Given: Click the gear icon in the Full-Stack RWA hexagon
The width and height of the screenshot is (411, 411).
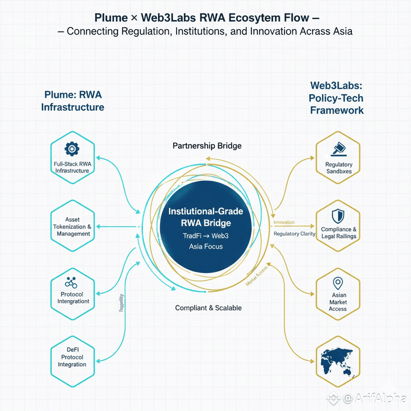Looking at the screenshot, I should coord(72,148).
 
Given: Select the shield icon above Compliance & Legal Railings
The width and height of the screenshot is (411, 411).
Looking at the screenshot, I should coord(339,215).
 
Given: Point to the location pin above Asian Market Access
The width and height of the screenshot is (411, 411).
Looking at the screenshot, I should coord(338,283).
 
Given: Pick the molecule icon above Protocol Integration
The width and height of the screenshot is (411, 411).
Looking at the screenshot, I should coord(72,283).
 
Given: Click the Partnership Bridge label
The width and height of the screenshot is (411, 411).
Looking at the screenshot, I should coord(207,146).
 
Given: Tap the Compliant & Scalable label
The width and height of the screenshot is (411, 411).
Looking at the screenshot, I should coord(208,308).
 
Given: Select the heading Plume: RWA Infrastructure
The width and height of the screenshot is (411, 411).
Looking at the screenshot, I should coord(73,101).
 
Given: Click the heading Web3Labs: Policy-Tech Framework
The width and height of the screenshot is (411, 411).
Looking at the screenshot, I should coord(337,98).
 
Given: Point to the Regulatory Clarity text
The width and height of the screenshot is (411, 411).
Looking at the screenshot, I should coord(294,234).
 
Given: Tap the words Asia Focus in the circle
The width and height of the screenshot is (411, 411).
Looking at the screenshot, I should coord(205,246).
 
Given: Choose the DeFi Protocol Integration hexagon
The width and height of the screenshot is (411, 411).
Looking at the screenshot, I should coord(72,357).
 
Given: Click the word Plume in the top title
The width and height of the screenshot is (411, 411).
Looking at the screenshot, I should coord(111,18).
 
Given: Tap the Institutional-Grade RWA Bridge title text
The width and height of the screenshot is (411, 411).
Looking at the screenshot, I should coord(205,217).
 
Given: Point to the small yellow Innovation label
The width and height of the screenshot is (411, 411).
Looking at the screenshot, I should coord(284,222).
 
